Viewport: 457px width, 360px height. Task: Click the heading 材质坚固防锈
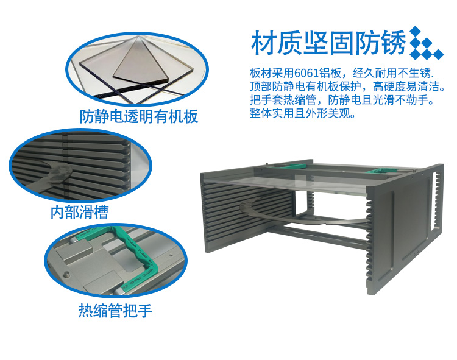tap(328, 43)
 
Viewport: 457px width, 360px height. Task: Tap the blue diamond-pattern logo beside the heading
tap(427, 43)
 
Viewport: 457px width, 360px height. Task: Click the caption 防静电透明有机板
tap(139, 116)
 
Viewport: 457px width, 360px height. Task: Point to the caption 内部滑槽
tap(80, 212)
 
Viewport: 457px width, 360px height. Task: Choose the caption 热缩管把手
tap(115, 311)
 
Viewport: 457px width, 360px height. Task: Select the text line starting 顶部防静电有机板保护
tap(347, 86)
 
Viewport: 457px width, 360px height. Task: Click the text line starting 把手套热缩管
tap(342, 100)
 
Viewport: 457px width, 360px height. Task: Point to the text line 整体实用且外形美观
tap(303, 113)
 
